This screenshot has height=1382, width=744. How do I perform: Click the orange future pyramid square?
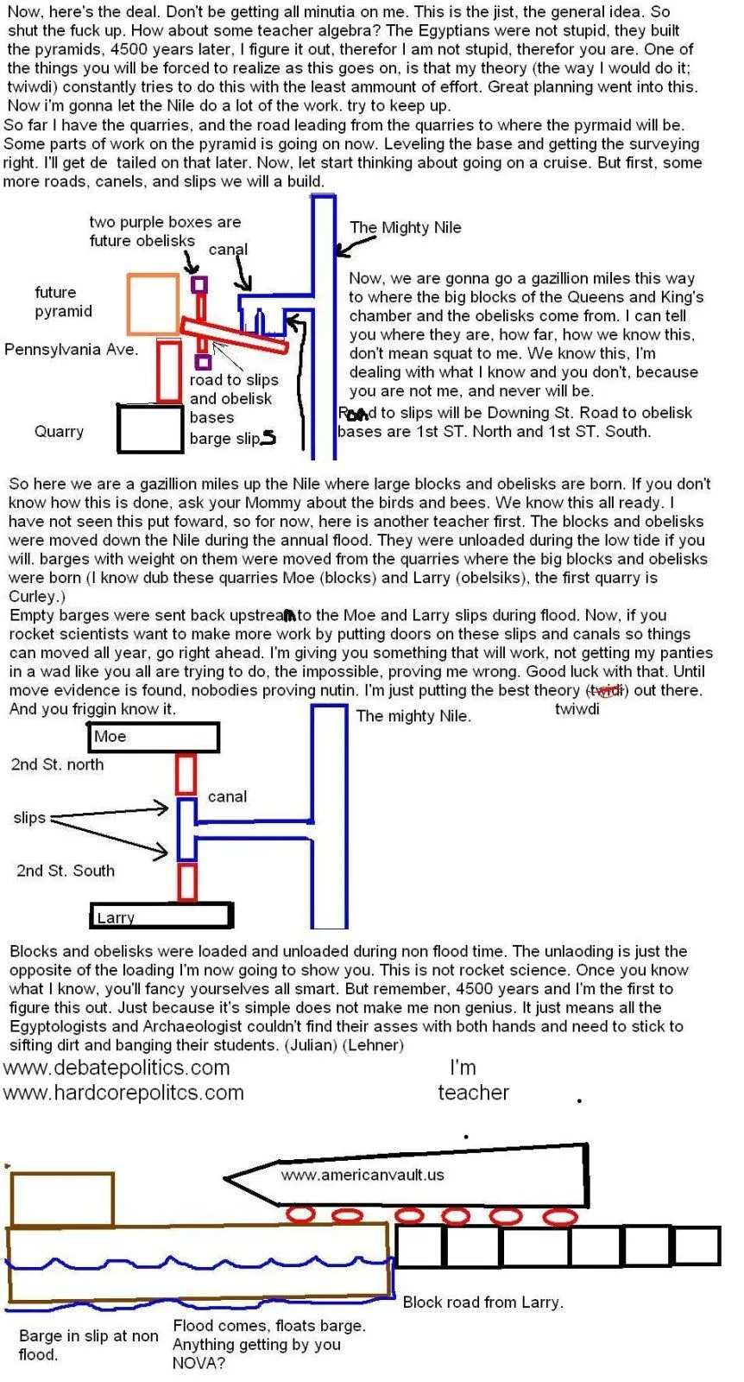154,304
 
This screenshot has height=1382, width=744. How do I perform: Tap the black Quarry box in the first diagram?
150,429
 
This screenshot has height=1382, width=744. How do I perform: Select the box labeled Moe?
154,737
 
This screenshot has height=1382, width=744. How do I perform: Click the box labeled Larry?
161,916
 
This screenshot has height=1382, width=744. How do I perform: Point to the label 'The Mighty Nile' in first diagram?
405,228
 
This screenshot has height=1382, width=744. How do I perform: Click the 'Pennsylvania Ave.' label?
71,350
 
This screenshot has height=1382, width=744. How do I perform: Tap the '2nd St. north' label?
57,764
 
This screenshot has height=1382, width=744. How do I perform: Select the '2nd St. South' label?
65,871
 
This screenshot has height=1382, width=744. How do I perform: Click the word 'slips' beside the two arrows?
29,818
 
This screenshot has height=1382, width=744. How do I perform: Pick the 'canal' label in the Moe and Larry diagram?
227,796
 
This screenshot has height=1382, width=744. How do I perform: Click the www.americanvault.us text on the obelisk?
362,1175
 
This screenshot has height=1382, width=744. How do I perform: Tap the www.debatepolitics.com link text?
117,1068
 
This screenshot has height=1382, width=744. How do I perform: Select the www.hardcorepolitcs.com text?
123,1093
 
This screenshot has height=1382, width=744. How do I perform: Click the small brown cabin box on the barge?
62,1200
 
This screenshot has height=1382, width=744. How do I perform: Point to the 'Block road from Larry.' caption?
482,1302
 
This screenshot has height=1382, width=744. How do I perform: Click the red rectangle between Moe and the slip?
186,774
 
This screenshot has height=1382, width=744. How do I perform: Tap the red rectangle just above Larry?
186,882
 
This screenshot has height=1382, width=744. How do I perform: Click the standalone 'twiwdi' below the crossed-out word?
577,709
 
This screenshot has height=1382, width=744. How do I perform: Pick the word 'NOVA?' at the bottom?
199,1364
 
